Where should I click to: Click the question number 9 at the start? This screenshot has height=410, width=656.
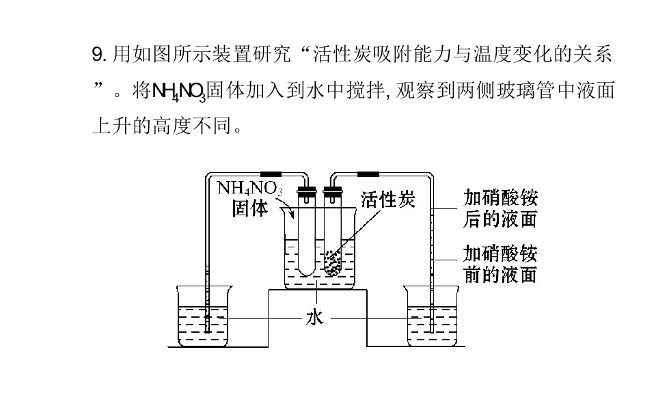coord(98,54)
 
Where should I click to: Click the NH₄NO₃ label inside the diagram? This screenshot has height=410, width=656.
coord(249,187)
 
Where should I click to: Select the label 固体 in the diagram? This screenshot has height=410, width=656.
coord(249,208)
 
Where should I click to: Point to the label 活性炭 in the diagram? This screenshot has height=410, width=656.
coord(387,200)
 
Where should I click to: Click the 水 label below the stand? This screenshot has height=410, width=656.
coord(315,318)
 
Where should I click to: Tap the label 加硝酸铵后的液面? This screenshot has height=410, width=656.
coord(500,208)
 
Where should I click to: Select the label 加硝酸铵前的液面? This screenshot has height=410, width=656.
coord(500,264)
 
